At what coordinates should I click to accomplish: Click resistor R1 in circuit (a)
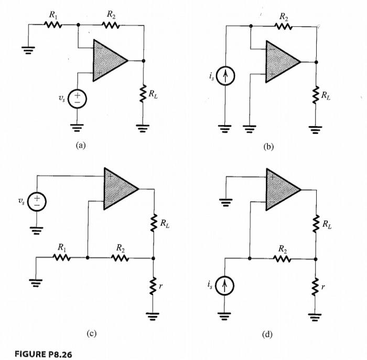tap(53, 25)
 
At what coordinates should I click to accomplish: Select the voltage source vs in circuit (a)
tap(77, 99)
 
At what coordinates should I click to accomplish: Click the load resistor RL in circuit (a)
tap(143, 93)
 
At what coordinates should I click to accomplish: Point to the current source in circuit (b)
tap(225, 76)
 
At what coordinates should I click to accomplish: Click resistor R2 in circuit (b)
tap(284, 26)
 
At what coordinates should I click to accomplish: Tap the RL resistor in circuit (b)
tap(316, 94)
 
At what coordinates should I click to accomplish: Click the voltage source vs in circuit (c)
tap(37, 202)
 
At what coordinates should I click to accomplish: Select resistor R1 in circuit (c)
tap(61, 258)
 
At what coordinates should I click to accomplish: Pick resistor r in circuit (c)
tap(153, 286)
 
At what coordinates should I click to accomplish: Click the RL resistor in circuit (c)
tap(154, 223)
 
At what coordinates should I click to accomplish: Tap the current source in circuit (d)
tap(224, 286)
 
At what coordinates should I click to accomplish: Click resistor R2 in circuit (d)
tap(282, 259)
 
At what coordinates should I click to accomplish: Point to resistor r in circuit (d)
tap(316, 287)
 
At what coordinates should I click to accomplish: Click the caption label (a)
tap(81, 145)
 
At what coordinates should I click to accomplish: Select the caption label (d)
tap(267, 335)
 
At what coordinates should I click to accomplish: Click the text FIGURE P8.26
tap(44, 354)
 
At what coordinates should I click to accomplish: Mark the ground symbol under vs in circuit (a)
tap(77, 128)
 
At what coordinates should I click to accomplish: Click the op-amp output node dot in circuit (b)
tap(316, 62)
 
